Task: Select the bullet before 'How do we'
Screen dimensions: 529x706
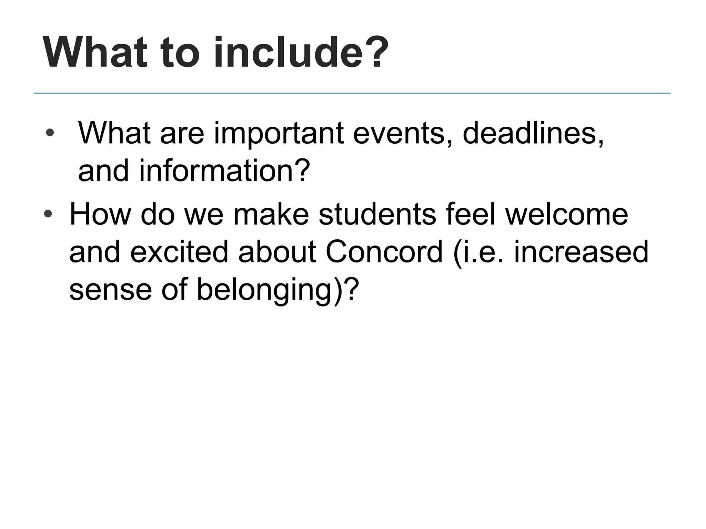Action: (x=48, y=214)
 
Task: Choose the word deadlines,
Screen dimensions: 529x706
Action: (x=533, y=134)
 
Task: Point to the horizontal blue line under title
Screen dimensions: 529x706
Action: (x=352, y=93)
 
